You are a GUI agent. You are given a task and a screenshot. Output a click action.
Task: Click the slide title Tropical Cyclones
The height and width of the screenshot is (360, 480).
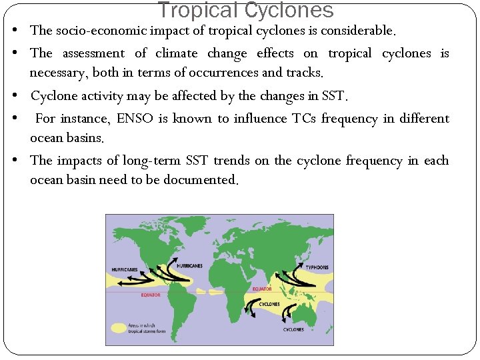(x=245, y=11)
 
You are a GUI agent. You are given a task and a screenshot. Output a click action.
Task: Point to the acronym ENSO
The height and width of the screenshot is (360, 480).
(x=135, y=119)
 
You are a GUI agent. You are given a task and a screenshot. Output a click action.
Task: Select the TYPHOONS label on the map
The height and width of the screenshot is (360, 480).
(x=317, y=267)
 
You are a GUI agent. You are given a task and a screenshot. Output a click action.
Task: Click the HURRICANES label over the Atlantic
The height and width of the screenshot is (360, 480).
(x=189, y=265)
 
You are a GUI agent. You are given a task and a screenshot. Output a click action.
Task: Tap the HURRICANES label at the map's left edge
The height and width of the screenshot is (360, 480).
(x=124, y=269)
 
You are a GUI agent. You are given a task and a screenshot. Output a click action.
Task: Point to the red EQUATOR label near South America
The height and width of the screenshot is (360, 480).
(x=150, y=295)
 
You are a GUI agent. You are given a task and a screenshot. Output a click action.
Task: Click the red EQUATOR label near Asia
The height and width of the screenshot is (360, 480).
(x=262, y=289)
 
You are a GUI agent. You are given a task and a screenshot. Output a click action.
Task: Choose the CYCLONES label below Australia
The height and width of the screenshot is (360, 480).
(x=293, y=329)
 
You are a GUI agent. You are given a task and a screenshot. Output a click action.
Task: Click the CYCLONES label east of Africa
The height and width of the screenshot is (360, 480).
(x=269, y=304)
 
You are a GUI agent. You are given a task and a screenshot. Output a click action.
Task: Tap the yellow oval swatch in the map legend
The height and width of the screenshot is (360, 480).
(x=119, y=327)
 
